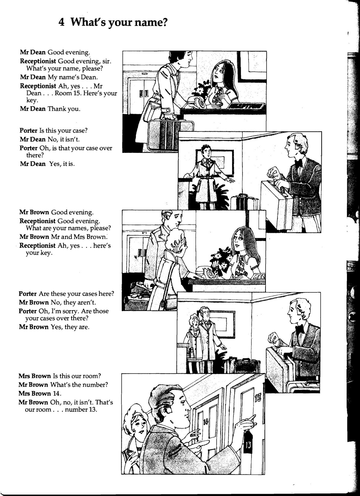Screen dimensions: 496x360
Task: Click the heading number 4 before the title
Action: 61,23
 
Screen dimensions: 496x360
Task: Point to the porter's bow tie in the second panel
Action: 299,163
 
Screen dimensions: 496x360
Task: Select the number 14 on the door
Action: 206,421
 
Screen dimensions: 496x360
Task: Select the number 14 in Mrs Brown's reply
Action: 56,393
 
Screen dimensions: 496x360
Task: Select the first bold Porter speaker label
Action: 28,131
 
